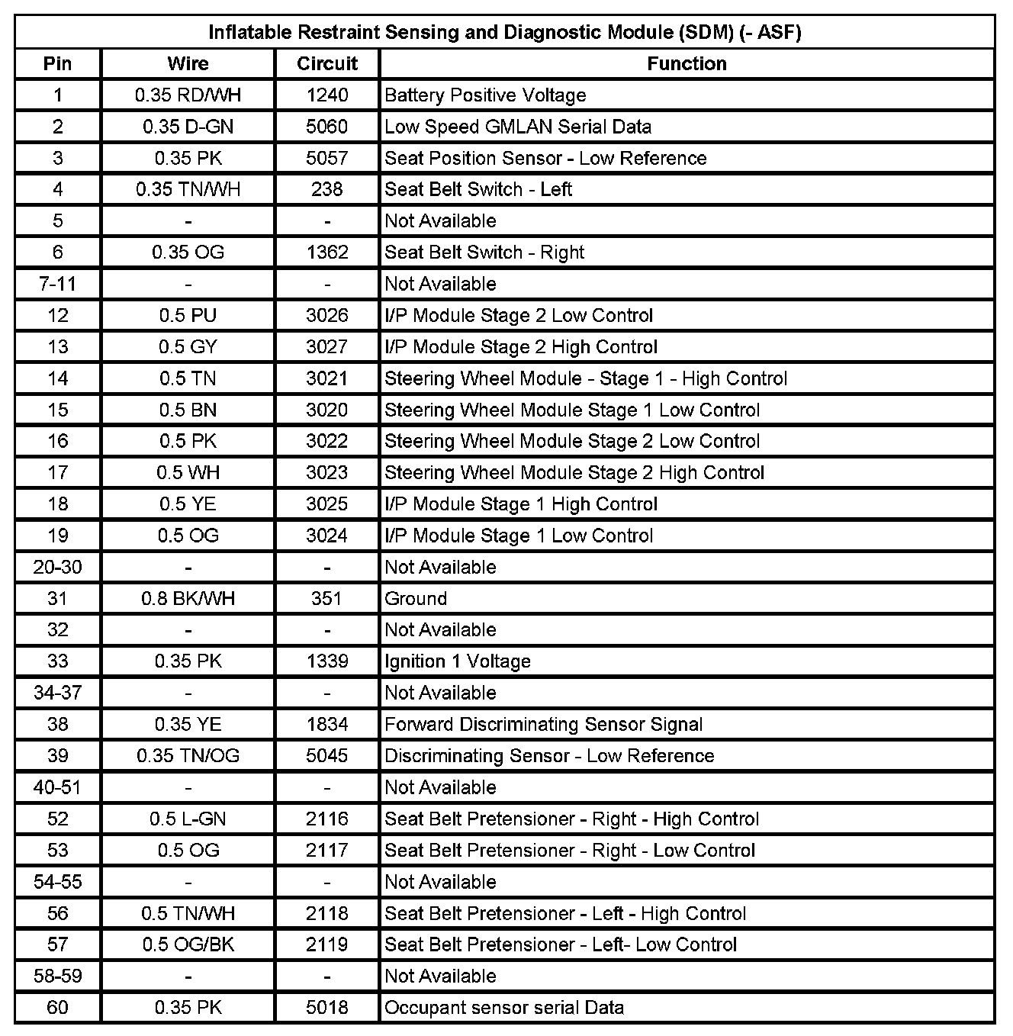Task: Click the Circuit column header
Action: coord(327,63)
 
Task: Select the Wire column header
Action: coord(188,63)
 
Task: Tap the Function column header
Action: coord(687,63)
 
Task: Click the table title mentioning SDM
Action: coord(505,32)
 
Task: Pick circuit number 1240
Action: coord(327,95)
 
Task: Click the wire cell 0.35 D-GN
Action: coord(188,127)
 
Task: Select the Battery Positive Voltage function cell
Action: coord(485,95)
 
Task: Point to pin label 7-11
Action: coord(58,284)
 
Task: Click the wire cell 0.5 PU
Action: coord(188,315)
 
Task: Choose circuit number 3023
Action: coord(327,472)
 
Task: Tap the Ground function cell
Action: coord(416,598)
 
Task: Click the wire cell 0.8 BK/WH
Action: coord(188,598)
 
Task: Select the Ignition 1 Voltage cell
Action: coord(458,661)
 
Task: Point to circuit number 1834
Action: coord(327,724)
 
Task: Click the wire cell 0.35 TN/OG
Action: coord(188,755)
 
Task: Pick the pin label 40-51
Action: coord(58,787)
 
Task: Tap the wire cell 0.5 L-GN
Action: coord(188,819)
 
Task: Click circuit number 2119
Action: coord(327,944)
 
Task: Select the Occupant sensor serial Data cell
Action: coord(504,1007)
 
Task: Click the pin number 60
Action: coord(58,1007)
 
